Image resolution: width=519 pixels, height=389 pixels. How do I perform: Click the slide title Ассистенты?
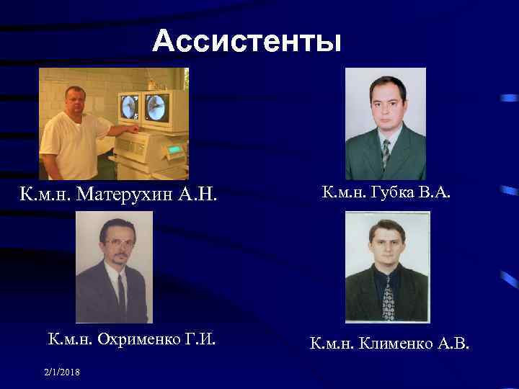[247, 42]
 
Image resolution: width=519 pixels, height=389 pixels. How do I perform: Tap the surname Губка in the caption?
[384, 192]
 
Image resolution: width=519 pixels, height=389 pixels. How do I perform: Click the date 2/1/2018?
[61, 371]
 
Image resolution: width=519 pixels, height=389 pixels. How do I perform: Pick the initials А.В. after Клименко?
[452, 344]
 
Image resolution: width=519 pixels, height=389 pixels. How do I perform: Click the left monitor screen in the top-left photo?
[130, 107]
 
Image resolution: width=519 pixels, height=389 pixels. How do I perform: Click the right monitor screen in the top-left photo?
[156, 107]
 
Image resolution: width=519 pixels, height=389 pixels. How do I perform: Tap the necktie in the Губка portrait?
[386, 151]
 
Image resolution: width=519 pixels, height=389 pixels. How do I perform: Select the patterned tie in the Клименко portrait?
[388, 295]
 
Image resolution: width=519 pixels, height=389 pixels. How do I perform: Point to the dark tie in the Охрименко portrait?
[121, 292]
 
